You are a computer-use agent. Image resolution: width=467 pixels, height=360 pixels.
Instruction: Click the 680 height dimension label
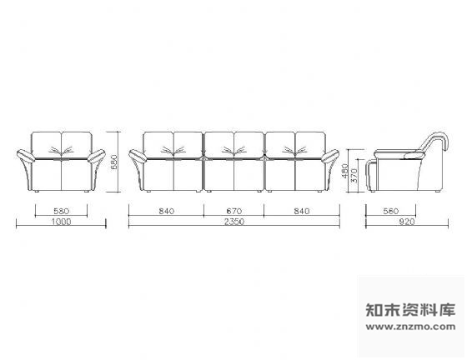(114, 162)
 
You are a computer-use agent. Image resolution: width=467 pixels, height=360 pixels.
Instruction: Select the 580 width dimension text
(62, 211)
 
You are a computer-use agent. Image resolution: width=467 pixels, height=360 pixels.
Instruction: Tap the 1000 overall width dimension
(62, 222)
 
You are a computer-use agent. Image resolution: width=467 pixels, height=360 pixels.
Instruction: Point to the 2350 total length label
(234, 222)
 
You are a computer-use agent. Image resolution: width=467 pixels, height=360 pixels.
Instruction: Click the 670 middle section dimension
(234, 211)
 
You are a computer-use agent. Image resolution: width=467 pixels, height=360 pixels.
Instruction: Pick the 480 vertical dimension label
(345, 171)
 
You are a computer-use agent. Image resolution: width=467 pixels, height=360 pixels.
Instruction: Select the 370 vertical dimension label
(354, 176)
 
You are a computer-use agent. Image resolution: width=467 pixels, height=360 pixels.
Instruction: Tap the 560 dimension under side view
(391, 211)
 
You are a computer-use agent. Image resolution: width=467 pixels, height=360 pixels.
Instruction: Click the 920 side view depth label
(407, 222)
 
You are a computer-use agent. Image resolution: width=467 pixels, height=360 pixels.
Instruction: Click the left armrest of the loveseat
(26, 156)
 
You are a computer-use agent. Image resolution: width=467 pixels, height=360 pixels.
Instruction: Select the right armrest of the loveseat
(96, 156)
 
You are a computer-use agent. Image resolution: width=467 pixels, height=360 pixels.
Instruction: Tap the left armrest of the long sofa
(138, 156)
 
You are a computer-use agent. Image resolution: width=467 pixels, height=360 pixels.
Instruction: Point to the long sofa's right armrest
(330, 156)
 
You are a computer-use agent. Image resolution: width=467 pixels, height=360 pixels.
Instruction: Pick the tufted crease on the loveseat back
(62, 150)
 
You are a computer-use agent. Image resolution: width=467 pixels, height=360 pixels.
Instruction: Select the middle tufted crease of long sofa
(234, 150)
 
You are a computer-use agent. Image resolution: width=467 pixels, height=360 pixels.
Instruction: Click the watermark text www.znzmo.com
(410, 327)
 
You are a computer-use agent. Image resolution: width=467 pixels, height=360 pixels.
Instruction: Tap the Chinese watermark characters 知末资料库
(410, 309)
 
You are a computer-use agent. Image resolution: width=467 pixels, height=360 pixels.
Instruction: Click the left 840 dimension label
(167, 211)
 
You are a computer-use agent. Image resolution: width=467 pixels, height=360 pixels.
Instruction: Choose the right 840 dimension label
(302, 211)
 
